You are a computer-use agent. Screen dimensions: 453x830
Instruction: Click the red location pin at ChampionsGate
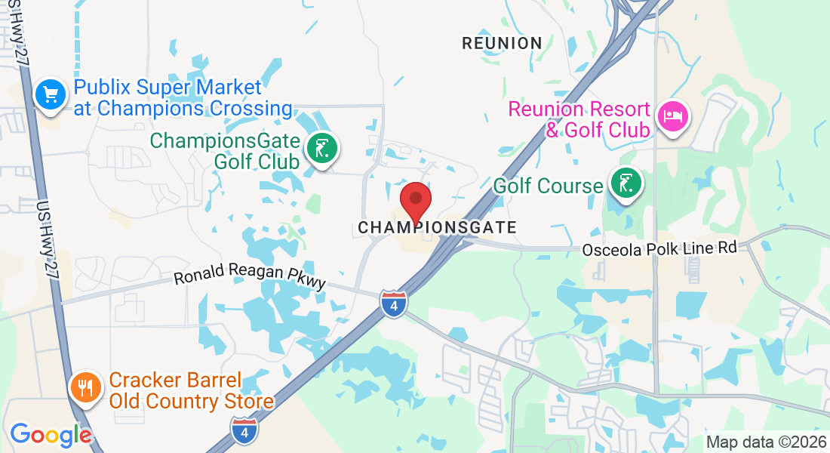point(415,200)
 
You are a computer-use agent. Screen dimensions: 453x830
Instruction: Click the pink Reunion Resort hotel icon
point(671,117)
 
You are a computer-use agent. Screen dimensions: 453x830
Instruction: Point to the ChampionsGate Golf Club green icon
point(322,149)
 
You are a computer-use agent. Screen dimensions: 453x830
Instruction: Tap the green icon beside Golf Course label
point(625,184)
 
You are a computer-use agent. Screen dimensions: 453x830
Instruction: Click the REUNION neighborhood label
point(502,43)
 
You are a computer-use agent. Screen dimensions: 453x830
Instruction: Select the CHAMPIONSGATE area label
point(437,227)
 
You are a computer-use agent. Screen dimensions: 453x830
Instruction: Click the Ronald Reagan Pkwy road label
point(250,276)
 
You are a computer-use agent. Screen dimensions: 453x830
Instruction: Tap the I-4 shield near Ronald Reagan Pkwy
point(394,303)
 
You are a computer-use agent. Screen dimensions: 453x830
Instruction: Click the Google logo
point(51,435)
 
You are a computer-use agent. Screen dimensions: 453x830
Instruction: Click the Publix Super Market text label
point(183,98)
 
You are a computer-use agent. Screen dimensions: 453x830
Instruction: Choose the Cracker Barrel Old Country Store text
point(191,390)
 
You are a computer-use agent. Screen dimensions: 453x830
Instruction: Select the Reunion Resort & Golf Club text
point(579,119)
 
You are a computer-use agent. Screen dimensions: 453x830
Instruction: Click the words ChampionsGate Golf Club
point(226,151)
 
